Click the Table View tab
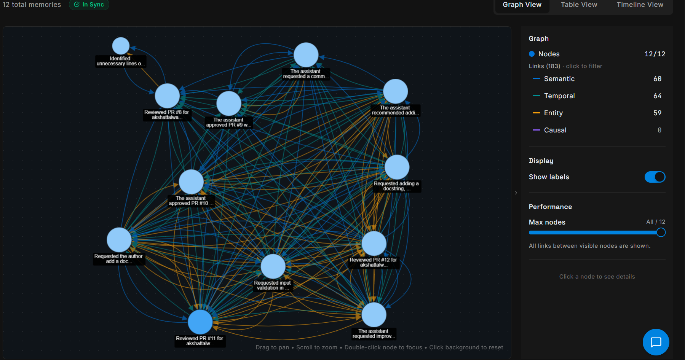(579, 5)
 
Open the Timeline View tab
(640, 5)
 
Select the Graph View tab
(522, 5)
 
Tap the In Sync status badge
(89, 5)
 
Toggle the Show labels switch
(655, 177)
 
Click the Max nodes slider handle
(661, 233)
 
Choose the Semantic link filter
(559, 79)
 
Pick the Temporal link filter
(559, 96)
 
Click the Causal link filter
(555, 130)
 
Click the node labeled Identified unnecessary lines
(121, 46)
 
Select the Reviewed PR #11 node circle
(200, 322)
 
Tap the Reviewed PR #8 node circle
(167, 96)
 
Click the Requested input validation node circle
(273, 266)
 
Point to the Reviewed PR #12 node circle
(374, 244)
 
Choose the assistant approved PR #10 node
(191, 182)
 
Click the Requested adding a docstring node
(397, 167)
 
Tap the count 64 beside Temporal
(657, 96)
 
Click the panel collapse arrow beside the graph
(516, 193)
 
